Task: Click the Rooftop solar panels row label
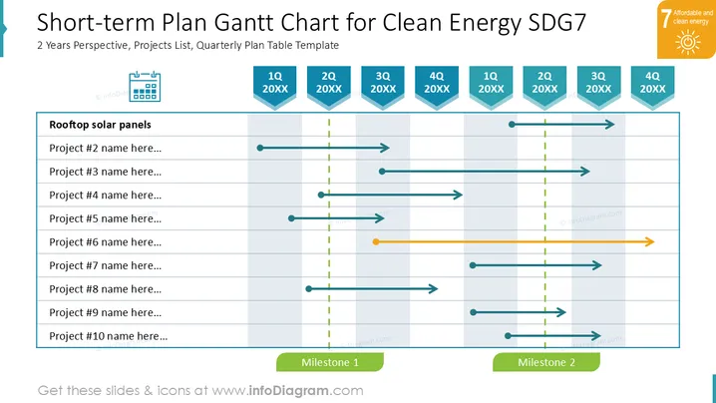100,125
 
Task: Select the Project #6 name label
105,242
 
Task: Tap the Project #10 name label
109,336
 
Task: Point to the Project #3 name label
105,172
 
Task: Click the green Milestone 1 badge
330,362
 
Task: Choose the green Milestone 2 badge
546,362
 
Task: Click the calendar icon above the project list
145,87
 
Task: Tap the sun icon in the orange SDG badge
688,42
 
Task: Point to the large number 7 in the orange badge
666,19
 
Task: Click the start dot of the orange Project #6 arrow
376,241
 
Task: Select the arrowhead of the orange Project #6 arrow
650,241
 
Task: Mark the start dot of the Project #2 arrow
260,148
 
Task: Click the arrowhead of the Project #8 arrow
434,288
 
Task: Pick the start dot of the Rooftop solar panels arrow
512,125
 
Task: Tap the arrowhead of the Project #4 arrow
458,196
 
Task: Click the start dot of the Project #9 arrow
473,312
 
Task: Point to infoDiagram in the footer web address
288,391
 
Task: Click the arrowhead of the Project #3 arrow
585,172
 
